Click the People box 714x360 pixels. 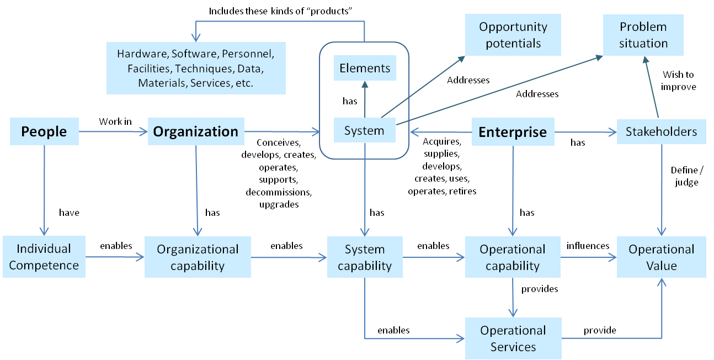pyautogui.click(x=44, y=131)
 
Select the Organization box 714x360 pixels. pyautogui.click(x=196, y=131)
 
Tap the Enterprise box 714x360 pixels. pyautogui.click(x=513, y=132)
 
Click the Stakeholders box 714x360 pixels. pyautogui.click(x=661, y=132)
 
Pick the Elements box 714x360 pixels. pyautogui.click(x=365, y=68)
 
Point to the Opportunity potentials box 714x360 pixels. pyautogui.click(x=513, y=35)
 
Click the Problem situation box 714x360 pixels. pyautogui.click(x=643, y=35)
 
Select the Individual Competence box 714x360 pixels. pyautogui.click(x=44, y=257)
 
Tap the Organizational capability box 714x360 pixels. pyautogui.click(x=198, y=257)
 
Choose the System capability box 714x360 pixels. pyautogui.click(x=365, y=257)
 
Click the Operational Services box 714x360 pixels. pyautogui.click(x=513, y=338)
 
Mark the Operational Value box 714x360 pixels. pyautogui.click(x=661, y=257)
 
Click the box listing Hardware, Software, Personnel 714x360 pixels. pyautogui.click(x=195, y=68)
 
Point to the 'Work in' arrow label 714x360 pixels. pyautogui.click(x=115, y=121)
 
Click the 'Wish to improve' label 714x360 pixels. pyautogui.click(x=678, y=81)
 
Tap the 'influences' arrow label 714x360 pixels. pyautogui.click(x=588, y=246)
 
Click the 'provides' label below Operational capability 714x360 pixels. pyautogui.click(x=540, y=289)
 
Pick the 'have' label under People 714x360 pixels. pyautogui.click(x=69, y=213)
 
